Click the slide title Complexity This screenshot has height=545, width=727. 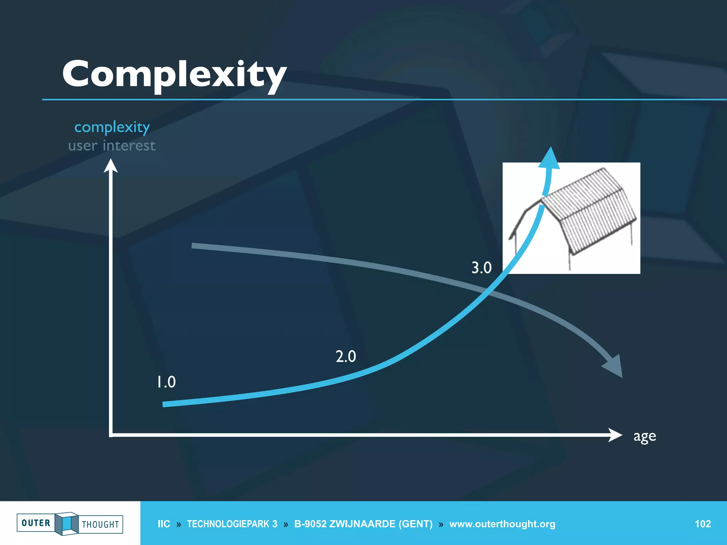click(x=174, y=75)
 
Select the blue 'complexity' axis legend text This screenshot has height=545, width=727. click(x=112, y=127)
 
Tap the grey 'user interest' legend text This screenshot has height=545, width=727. click(x=112, y=146)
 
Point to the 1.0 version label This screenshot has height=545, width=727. click(x=166, y=382)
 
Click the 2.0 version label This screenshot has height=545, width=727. click(x=346, y=356)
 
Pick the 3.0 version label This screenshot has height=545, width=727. click(x=481, y=268)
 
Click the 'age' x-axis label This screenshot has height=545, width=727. click(x=645, y=436)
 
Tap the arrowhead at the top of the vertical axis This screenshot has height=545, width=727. click(x=111, y=166)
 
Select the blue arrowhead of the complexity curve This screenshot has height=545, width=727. click(x=550, y=159)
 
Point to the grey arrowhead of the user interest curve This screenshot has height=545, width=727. click(x=614, y=367)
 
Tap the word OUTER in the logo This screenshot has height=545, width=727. click(x=36, y=523)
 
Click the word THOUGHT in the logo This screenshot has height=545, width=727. click(x=100, y=524)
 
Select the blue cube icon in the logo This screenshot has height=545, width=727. click(x=66, y=523)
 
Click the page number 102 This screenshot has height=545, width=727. click(x=703, y=524)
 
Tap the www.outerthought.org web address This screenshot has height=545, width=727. click(x=502, y=524)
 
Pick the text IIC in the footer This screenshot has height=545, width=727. click(x=164, y=524)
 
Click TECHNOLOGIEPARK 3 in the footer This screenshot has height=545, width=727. click(x=232, y=524)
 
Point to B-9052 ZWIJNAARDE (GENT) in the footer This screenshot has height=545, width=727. click(x=363, y=524)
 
